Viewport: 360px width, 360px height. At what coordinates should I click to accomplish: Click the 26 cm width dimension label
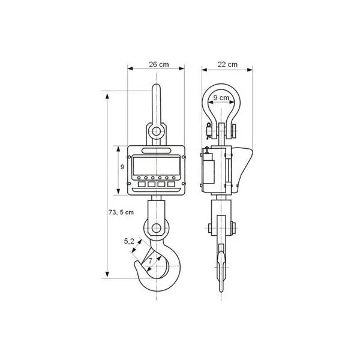click(158, 65)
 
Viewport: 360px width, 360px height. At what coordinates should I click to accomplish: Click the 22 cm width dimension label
click(227, 65)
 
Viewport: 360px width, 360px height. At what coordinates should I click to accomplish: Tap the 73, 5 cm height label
click(121, 212)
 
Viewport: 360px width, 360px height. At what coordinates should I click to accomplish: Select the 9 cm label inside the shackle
click(221, 98)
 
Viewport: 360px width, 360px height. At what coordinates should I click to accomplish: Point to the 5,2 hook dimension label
click(129, 241)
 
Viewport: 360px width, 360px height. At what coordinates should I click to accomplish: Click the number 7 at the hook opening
click(150, 260)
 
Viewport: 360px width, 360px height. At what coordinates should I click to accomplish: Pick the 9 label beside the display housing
click(122, 167)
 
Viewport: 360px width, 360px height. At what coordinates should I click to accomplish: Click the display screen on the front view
click(156, 166)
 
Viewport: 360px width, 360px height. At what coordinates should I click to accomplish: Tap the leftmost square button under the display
click(142, 184)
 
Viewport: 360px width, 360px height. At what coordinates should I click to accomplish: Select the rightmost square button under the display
click(171, 184)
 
